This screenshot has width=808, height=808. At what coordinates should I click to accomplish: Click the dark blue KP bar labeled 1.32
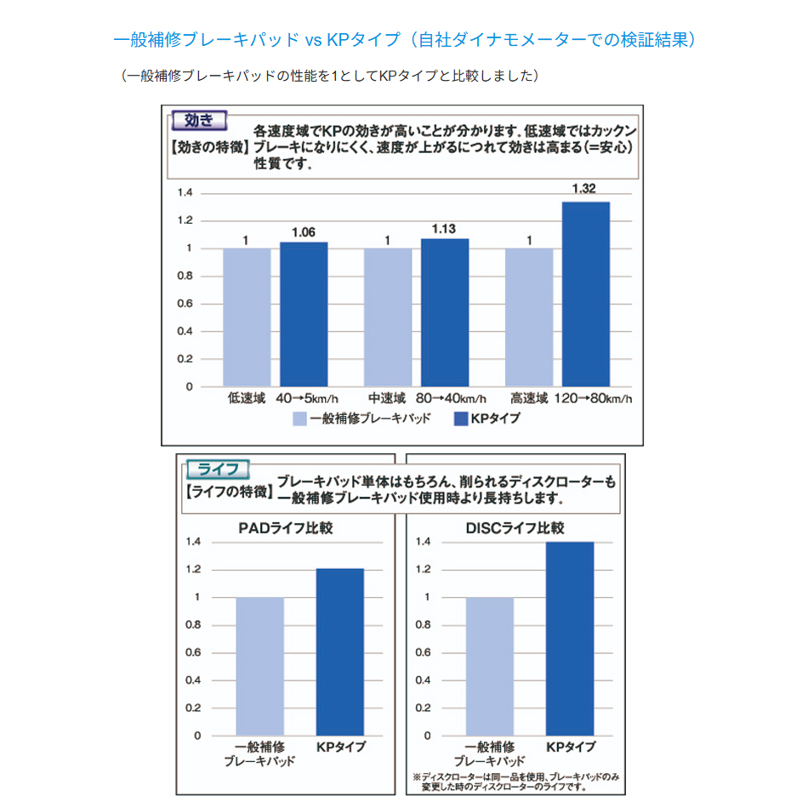pyautogui.click(x=585, y=293)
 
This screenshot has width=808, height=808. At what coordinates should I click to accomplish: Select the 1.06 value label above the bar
pyautogui.click(x=304, y=231)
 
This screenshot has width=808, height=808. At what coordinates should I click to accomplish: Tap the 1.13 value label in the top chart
pyautogui.click(x=445, y=228)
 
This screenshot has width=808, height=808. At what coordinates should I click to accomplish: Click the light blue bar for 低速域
pyautogui.click(x=247, y=317)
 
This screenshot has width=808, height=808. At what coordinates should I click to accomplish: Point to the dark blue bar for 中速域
pyautogui.click(x=445, y=312)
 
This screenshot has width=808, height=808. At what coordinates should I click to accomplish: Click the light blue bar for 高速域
pyautogui.click(x=529, y=317)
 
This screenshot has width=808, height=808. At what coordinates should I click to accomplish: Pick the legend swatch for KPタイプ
pyautogui.click(x=463, y=418)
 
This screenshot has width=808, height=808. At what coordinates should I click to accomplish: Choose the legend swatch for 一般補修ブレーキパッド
pyautogui.click(x=299, y=418)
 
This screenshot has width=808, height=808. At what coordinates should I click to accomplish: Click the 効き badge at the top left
pyautogui.click(x=198, y=119)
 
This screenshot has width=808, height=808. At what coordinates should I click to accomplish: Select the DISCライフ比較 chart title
pyautogui.click(x=515, y=528)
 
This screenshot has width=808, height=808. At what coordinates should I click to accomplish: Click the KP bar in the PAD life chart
pyautogui.click(x=339, y=652)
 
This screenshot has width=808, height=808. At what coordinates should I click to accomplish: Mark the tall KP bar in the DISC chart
pyautogui.click(x=570, y=638)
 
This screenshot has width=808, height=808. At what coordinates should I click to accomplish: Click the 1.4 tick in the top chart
pyautogui.click(x=185, y=193)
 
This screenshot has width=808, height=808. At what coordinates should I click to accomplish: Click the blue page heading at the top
pyautogui.click(x=404, y=40)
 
